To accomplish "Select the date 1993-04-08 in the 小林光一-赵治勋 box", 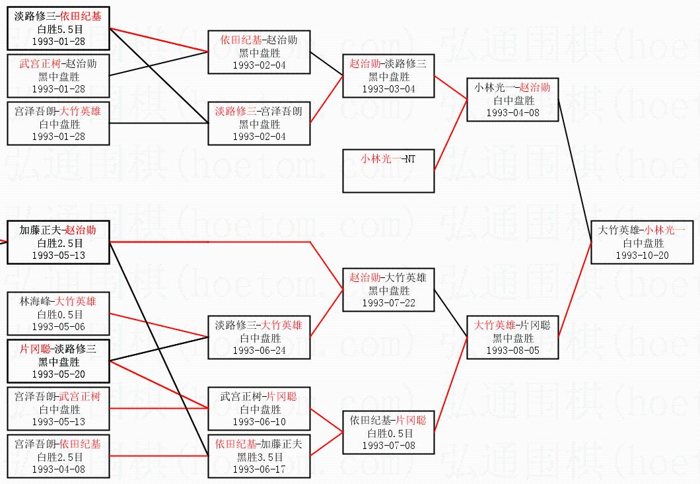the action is click(x=512, y=113).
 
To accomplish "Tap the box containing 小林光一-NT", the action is click(x=388, y=170).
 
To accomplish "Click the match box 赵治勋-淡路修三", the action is click(x=388, y=76).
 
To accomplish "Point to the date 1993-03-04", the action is click(x=388, y=89).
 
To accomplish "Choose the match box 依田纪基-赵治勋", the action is click(x=259, y=52).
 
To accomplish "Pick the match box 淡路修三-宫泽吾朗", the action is click(x=259, y=123).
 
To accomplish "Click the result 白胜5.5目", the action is click(x=58, y=29).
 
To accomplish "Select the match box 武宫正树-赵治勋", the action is click(x=58, y=76).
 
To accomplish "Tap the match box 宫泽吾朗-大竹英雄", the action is click(x=58, y=123).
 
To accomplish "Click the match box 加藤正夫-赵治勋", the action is click(x=58, y=242).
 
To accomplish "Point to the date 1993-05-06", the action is click(x=58, y=327).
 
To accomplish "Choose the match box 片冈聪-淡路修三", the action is click(x=58, y=361).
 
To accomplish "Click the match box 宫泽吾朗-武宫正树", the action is click(x=58, y=409).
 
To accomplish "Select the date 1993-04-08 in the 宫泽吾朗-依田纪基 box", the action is click(x=58, y=469).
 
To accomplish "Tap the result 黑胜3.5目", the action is click(x=259, y=456).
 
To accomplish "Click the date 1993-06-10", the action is click(x=259, y=422).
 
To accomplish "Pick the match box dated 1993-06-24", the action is click(x=259, y=337).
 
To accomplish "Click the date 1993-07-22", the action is click(x=388, y=303).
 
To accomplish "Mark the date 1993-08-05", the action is click(x=512, y=351).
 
